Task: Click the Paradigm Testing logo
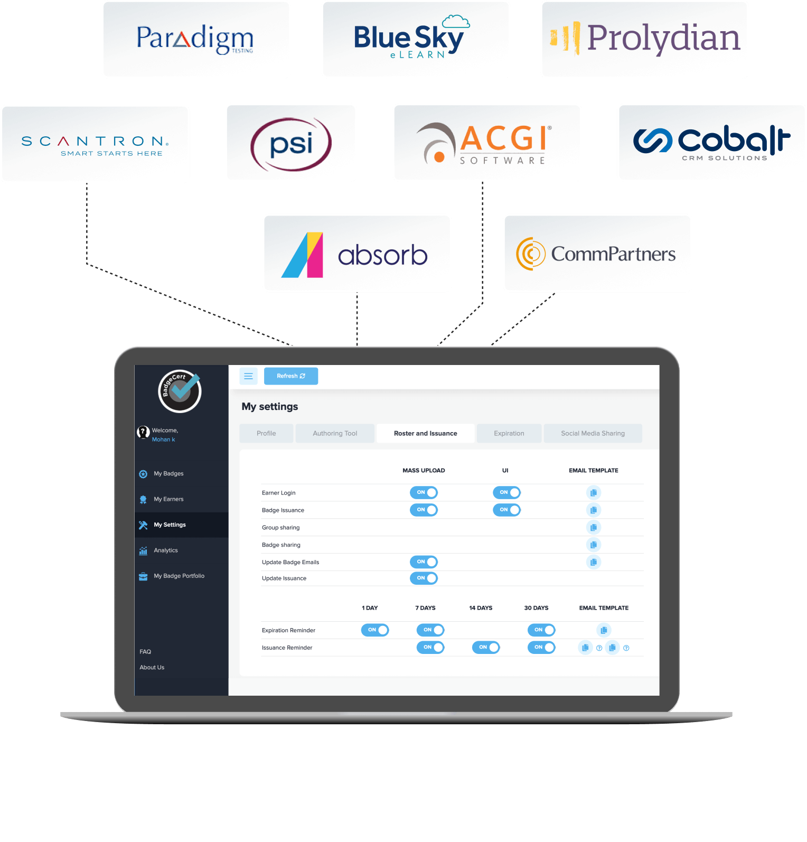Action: [x=195, y=39]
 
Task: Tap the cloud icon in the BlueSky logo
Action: [x=456, y=22]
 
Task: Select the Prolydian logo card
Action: [x=644, y=39]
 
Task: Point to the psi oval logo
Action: [x=291, y=144]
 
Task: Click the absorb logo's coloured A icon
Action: [x=303, y=255]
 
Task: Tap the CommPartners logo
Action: [x=597, y=254]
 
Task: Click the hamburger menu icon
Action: [x=248, y=376]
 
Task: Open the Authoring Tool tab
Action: [x=335, y=433]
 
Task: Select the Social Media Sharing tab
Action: [x=593, y=433]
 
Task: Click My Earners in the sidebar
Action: [x=168, y=499]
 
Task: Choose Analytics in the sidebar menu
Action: [x=165, y=550]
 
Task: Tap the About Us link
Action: [x=152, y=668]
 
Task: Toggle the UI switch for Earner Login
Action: [x=506, y=492]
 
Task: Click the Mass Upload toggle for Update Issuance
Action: [x=424, y=578]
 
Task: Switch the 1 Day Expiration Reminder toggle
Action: [x=375, y=630]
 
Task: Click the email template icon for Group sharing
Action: [x=594, y=527]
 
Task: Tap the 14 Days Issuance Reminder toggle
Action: [x=486, y=647]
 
